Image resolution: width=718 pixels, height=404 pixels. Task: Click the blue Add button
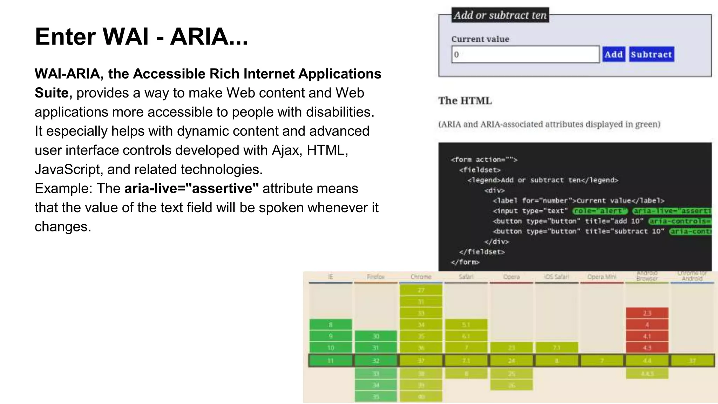click(x=614, y=54)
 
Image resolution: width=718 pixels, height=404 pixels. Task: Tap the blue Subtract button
click(x=651, y=54)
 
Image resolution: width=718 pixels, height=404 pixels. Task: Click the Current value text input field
click(x=525, y=54)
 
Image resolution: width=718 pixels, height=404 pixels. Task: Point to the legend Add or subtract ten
click(x=500, y=15)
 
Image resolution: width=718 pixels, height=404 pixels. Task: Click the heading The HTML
click(x=465, y=101)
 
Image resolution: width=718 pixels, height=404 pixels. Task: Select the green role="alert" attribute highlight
click(x=600, y=211)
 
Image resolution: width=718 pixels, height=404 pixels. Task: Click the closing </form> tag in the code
click(x=465, y=262)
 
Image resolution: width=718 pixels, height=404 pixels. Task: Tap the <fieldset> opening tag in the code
click(x=480, y=170)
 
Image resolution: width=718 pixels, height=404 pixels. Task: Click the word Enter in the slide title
click(x=65, y=36)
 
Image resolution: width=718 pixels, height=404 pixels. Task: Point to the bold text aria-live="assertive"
click(x=191, y=188)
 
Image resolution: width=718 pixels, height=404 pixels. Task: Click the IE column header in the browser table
click(x=330, y=277)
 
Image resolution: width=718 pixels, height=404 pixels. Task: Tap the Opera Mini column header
click(x=602, y=277)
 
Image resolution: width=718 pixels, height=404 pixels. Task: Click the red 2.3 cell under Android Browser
click(x=647, y=313)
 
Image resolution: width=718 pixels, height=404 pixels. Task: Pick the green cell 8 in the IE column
click(x=330, y=324)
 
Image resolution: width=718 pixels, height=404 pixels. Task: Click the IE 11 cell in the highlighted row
click(x=330, y=361)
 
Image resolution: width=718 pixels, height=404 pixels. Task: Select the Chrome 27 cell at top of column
click(x=421, y=290)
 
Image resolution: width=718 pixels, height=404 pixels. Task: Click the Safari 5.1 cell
click(x=466, y=324)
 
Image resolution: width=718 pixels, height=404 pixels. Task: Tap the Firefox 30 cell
click(x=375, y=336)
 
